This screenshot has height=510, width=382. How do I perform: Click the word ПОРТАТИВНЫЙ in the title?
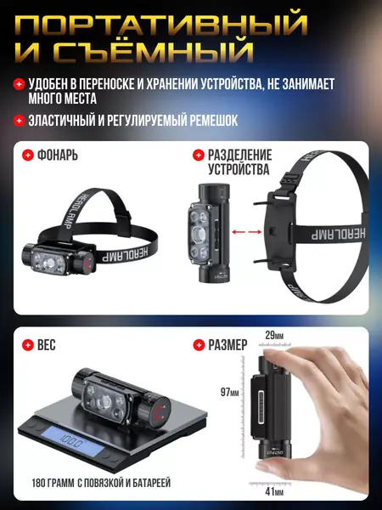click(x=161, y=25)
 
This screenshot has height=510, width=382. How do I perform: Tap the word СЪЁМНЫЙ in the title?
click(x=153, y=53)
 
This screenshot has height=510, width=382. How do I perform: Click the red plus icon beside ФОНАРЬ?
click(x=28, y=155)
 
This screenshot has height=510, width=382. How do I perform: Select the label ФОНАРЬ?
click(x=58, y=155)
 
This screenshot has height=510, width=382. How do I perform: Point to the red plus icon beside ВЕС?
click(x=28, y=345)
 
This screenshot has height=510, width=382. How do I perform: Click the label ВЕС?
click(x=47, y=345)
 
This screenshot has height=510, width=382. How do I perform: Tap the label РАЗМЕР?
click(x=228, y=345)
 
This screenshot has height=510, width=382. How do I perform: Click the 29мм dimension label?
click(x=274, y=335)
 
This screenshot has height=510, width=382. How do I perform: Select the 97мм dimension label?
click(x=230, y=392)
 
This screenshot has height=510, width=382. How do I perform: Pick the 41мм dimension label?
click(x=274, y=491)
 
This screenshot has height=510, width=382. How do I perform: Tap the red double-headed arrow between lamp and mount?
click(x=246, y=232)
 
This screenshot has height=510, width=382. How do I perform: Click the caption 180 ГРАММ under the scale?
click(x=53, y=483)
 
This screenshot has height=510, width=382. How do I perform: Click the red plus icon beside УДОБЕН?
click(x=19, y=84)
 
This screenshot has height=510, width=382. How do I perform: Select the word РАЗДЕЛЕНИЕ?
click(x=240, y=155)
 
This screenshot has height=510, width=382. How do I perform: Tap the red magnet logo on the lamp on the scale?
click(x=160, y=412)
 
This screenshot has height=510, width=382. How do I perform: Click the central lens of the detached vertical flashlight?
click(x=198, y=235)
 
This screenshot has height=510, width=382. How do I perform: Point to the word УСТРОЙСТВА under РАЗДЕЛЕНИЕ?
click(x=239, y=169)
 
